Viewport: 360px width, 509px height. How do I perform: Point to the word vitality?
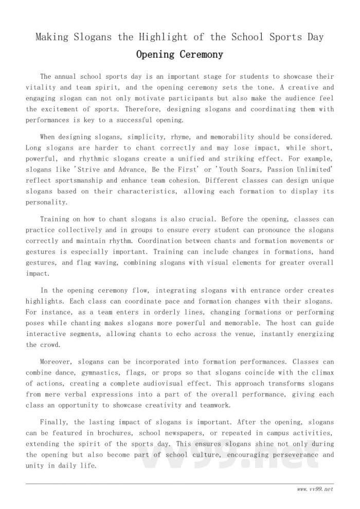(44, 87)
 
